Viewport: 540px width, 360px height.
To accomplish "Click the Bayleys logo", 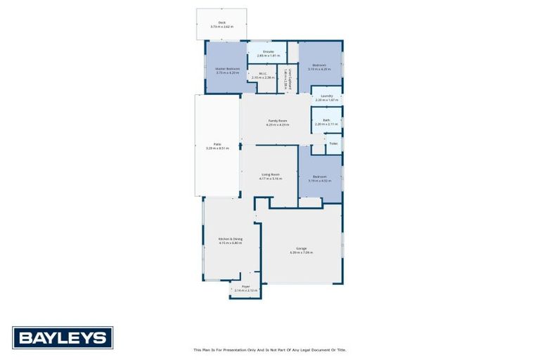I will pos(63,338).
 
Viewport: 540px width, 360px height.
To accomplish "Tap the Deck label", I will pos(221,22).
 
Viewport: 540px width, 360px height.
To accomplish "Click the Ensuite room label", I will pos(268,51).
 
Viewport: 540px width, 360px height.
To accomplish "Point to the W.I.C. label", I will pos(262,73).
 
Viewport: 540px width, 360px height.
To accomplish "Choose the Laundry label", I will pos(326,96).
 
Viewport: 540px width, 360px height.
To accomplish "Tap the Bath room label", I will pos(326,120).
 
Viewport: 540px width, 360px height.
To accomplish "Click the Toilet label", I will pos(333,143).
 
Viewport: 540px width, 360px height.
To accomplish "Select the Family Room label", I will pos(278,121).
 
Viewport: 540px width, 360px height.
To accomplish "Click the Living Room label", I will pos(271,174).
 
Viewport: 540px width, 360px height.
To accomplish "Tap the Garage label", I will pos(301,248).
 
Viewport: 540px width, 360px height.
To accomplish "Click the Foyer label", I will pos(246,286).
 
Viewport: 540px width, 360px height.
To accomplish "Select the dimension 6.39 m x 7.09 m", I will pos(301,252).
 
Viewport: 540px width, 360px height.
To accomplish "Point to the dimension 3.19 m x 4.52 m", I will pos(319,181).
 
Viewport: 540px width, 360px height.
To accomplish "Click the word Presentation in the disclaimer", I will pos(238,349).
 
